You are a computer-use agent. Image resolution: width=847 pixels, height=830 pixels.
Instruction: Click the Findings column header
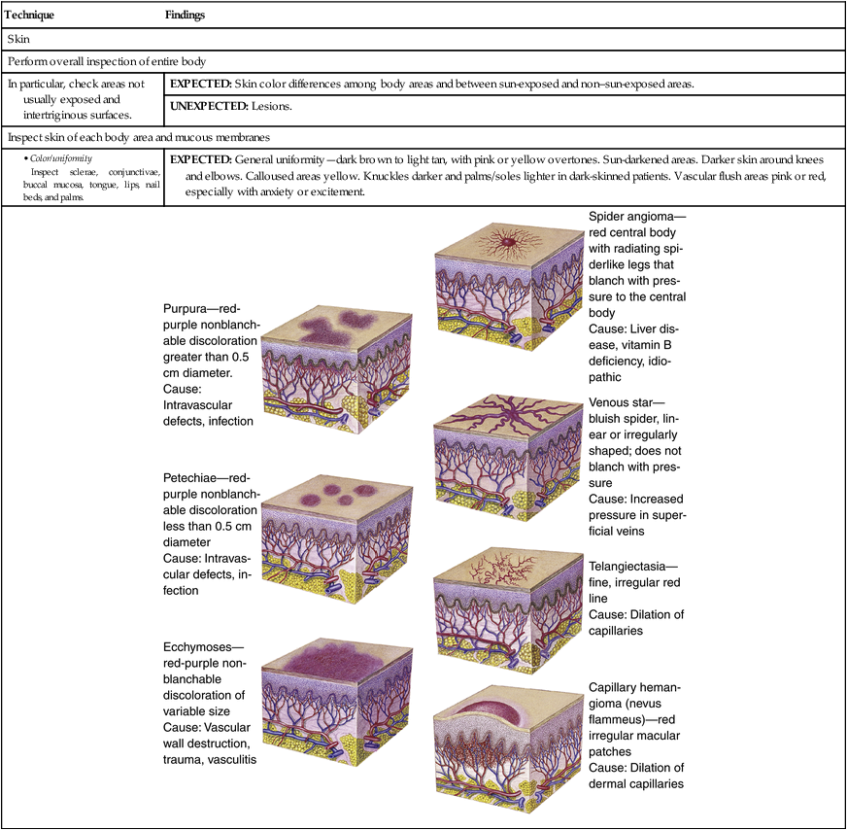(x=186, y=17)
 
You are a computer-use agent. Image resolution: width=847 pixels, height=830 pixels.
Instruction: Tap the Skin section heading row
(x=18, y=40)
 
